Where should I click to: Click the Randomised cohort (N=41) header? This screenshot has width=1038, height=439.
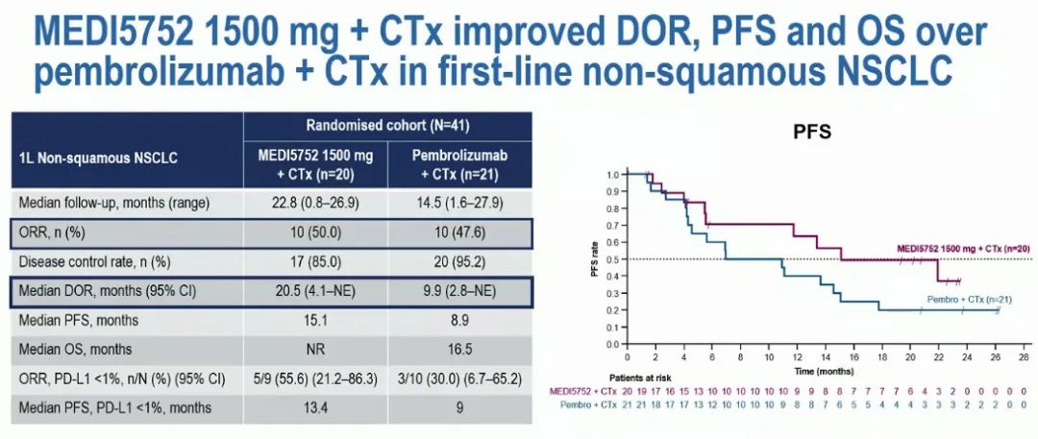[x=387, y=125]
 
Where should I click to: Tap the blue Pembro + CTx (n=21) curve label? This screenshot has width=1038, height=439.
[x=982, y=301]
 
